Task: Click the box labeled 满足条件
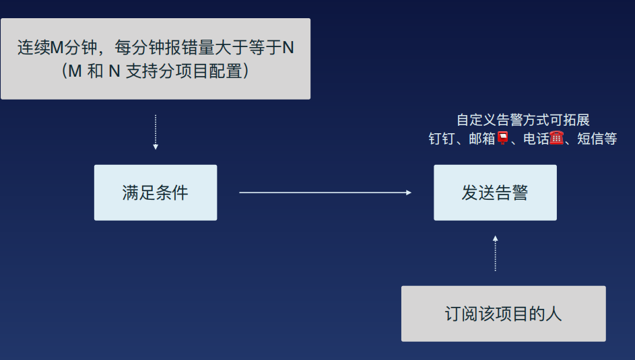[156, 192]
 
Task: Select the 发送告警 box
[495, 192]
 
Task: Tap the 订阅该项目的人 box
[503, 314]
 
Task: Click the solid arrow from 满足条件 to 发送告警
[325, 192]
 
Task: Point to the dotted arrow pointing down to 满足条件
[156, 132]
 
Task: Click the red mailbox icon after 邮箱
[502, 139]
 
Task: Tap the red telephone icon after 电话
[556, 139]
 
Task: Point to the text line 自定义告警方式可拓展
[523, 120]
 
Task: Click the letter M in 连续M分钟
[57, 48]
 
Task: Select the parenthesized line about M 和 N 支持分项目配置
[156, 71]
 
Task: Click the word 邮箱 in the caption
[482, 139]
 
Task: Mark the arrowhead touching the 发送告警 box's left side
[408, 192]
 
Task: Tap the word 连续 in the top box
[34, 48]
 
